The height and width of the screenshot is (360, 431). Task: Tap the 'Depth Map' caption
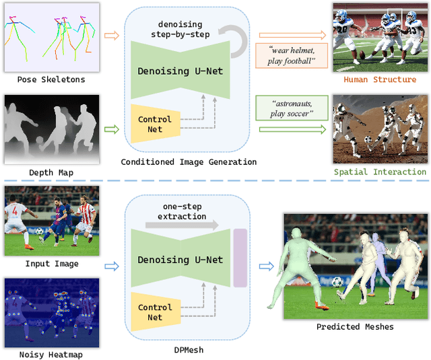[51, 173]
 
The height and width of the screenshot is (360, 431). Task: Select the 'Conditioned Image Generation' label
[189, 161]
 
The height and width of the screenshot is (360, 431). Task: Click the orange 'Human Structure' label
[380, 79]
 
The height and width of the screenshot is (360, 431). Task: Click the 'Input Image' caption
[52, 264]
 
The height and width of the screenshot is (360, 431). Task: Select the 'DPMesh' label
[189, 351]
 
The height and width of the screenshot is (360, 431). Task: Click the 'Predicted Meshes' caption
[355, 327]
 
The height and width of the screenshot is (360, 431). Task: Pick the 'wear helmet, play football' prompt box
[290, 55]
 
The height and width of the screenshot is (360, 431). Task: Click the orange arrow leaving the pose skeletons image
[112, 36]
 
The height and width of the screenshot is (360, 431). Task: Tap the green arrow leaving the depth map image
[112, 128]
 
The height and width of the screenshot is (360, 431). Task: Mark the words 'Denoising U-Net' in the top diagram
[180, 71]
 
